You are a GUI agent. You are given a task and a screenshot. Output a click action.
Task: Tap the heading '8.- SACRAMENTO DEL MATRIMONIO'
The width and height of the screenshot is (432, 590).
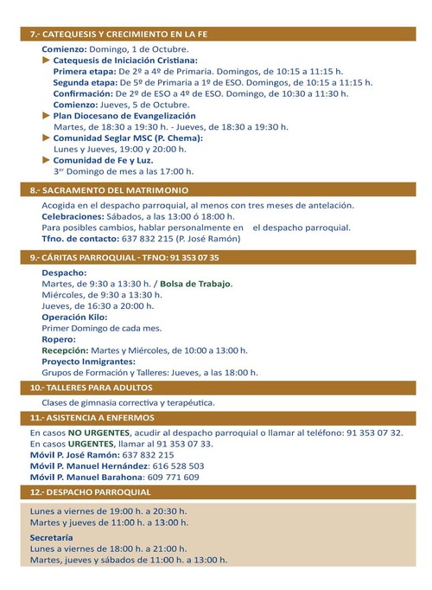(x=110, y=189)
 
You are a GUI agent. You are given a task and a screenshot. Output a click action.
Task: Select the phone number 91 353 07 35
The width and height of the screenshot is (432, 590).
(x=188, y=257)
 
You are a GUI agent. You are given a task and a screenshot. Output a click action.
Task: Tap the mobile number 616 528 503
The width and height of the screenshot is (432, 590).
(x=171, y=465)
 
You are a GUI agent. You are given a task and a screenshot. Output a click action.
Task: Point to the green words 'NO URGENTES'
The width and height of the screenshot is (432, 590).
(x=99, y=432)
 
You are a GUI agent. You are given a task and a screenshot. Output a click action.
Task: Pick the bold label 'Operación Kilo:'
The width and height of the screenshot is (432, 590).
(x=74, y=317)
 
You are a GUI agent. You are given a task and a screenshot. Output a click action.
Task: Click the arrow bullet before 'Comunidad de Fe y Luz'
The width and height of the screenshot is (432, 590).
(x=47, y=160)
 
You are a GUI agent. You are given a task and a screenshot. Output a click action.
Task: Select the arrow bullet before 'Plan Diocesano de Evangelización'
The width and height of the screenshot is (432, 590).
(x=47, y=115)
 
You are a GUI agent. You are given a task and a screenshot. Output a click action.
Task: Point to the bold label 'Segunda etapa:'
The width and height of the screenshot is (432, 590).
(x=86, y=81)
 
